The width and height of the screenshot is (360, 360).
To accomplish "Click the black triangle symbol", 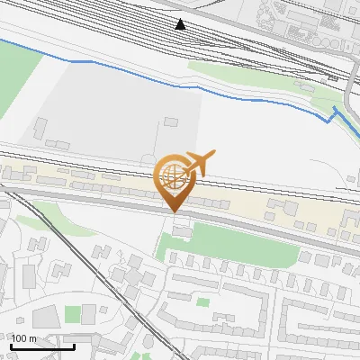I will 181,23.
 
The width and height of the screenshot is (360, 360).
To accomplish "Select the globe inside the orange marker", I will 172,176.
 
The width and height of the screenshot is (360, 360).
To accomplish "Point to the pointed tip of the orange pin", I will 174,211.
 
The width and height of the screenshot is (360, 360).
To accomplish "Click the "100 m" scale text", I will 24,338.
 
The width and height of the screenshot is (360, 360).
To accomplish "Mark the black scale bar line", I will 43,346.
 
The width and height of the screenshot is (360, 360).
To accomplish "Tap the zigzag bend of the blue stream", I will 331,115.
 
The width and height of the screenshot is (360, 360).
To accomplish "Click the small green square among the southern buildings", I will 203,301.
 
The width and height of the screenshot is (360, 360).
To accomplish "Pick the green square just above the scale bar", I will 73,313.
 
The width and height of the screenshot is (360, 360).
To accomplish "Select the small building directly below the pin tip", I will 183,232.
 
